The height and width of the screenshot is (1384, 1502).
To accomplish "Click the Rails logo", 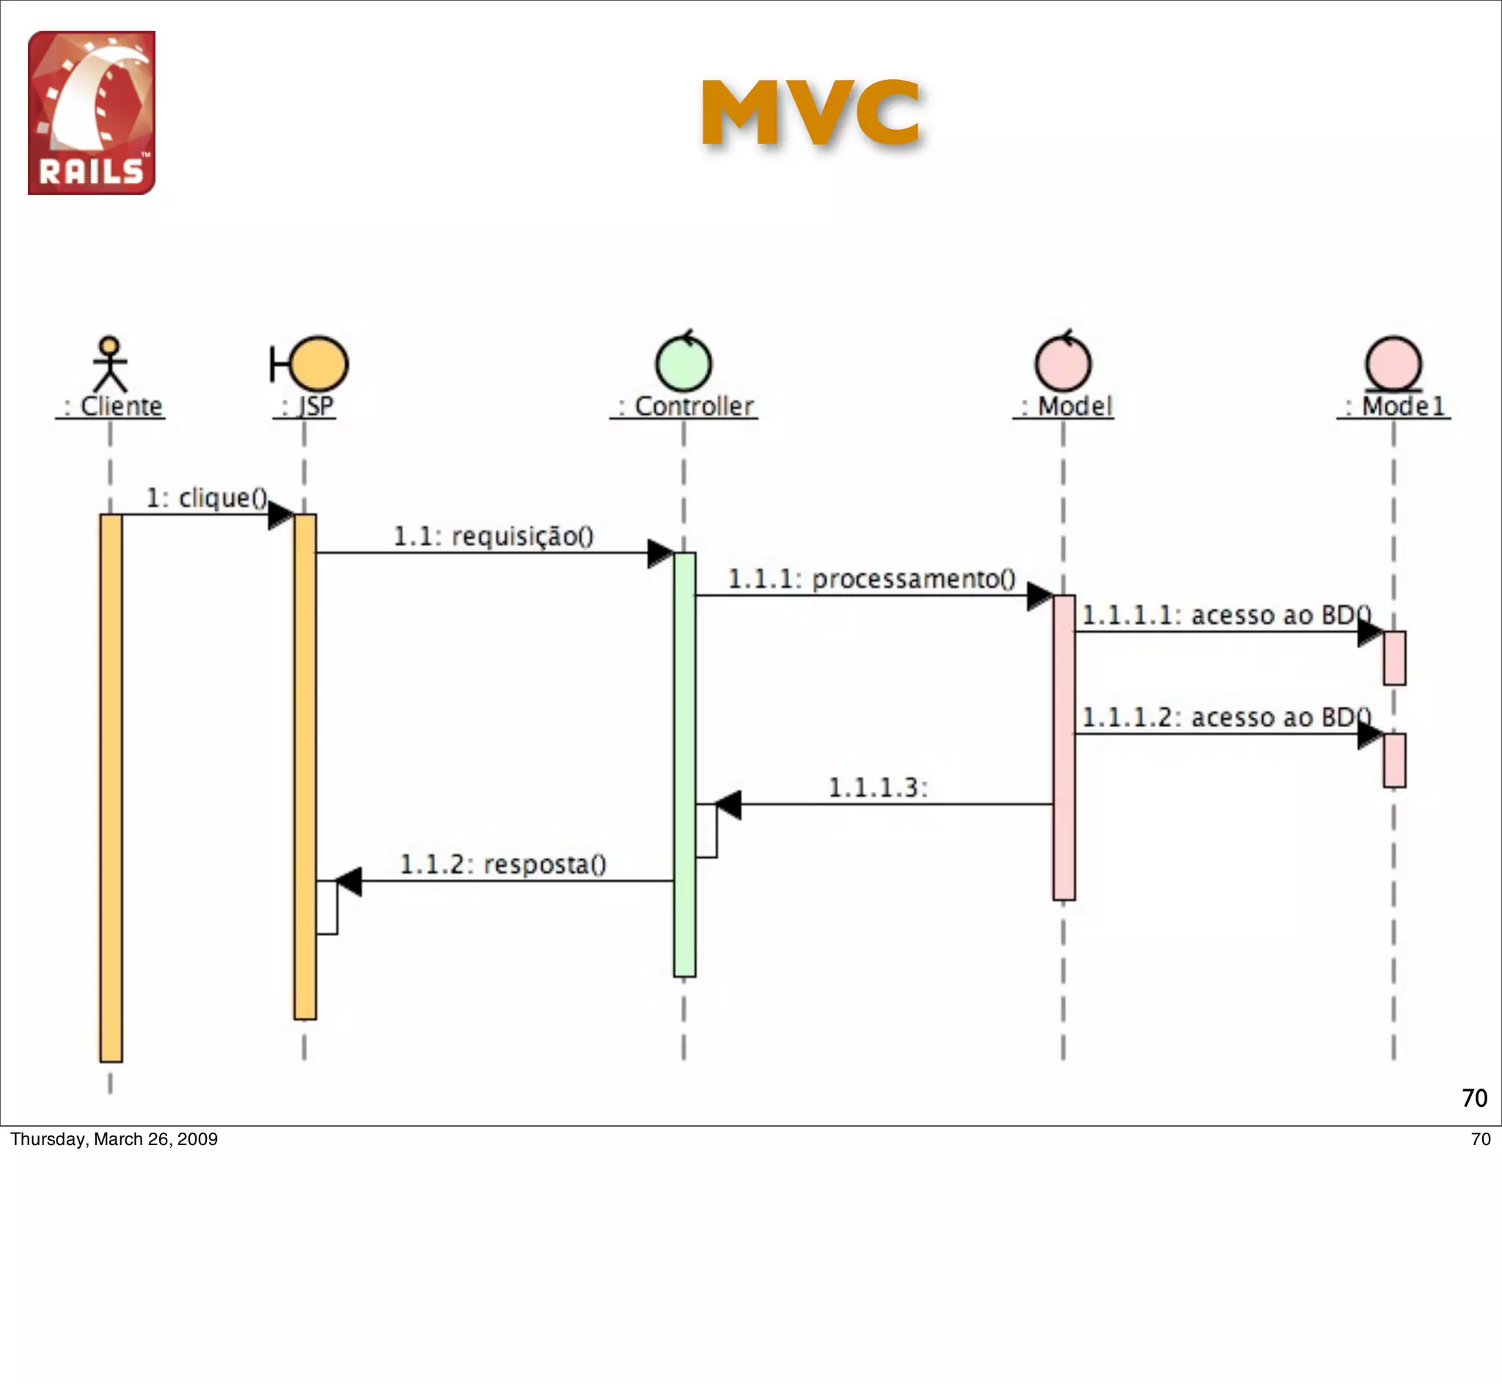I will pyautogui.click(x=92, y=112).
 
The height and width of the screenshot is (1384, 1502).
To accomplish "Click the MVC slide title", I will pyautogui.click(x=810, y=113).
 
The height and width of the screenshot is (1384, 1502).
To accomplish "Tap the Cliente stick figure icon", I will pyautogui.click(x=110, y=364).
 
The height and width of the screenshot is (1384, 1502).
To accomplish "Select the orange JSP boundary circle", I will pyautogui.click(x=318, y=364).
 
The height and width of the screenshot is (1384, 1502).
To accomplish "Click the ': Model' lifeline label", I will pyautogui.click(x=1063, y=406).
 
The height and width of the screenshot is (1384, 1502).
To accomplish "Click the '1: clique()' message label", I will pyautogui.click(x=206, y=497).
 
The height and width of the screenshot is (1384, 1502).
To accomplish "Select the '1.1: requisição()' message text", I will pyautogui.click(x=493, y=536).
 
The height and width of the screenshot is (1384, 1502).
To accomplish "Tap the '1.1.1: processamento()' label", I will pyautogui.click(x=871, y=579).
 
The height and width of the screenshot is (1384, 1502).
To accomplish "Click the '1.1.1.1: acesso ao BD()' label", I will pyautogui.click(x=1226, y=615).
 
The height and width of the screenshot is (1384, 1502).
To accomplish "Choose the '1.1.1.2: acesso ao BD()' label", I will pyautogui.click(x=1226, y=718).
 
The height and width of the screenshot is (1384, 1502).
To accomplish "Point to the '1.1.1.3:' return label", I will pyautogui.click(x=878, y=787).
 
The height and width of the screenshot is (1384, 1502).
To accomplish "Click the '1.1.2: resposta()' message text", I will pyautogui.click(x=502, y=864).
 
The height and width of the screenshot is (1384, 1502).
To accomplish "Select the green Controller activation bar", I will pyautogui.click(x=684, y=764).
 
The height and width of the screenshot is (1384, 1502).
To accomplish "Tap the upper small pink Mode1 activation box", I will pyautogui.click(x=1394, y=658).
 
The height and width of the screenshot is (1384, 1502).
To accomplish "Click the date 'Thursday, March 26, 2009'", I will pyautogui.click(x=114, y=1139).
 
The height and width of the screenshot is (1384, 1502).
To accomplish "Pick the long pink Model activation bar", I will pyautogui.click(x=1063, y=748).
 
